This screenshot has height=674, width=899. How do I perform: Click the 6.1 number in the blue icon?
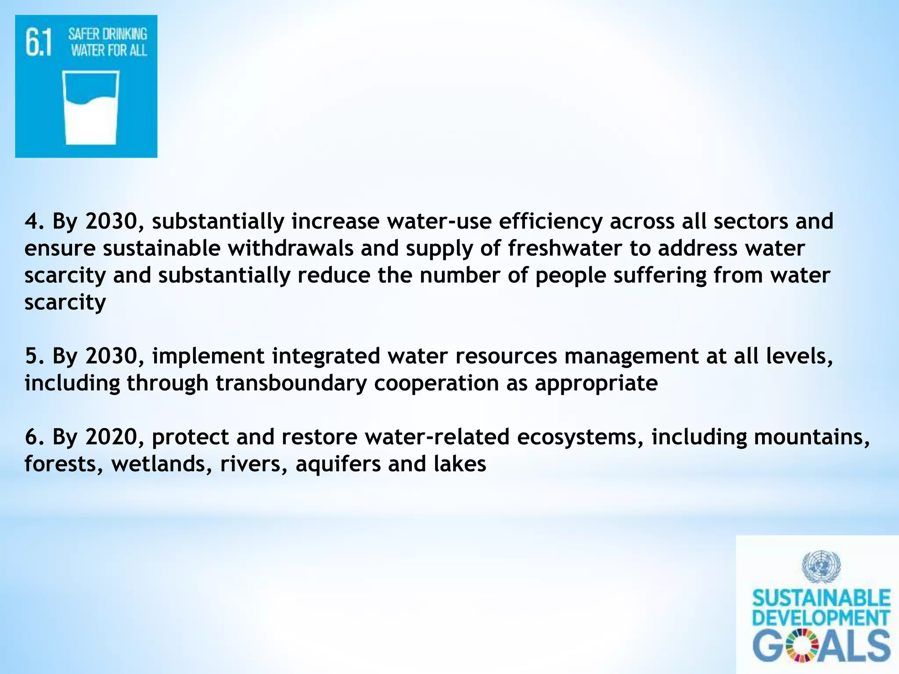coord(39,43)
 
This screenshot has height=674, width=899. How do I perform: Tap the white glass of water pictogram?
coord(91,108)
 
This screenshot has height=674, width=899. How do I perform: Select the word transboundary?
coord(291,383)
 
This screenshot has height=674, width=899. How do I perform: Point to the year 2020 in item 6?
coord(111,437)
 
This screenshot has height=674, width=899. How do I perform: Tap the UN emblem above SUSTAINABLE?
coord(821,566)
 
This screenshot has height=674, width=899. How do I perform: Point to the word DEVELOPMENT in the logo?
coord(821,618)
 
